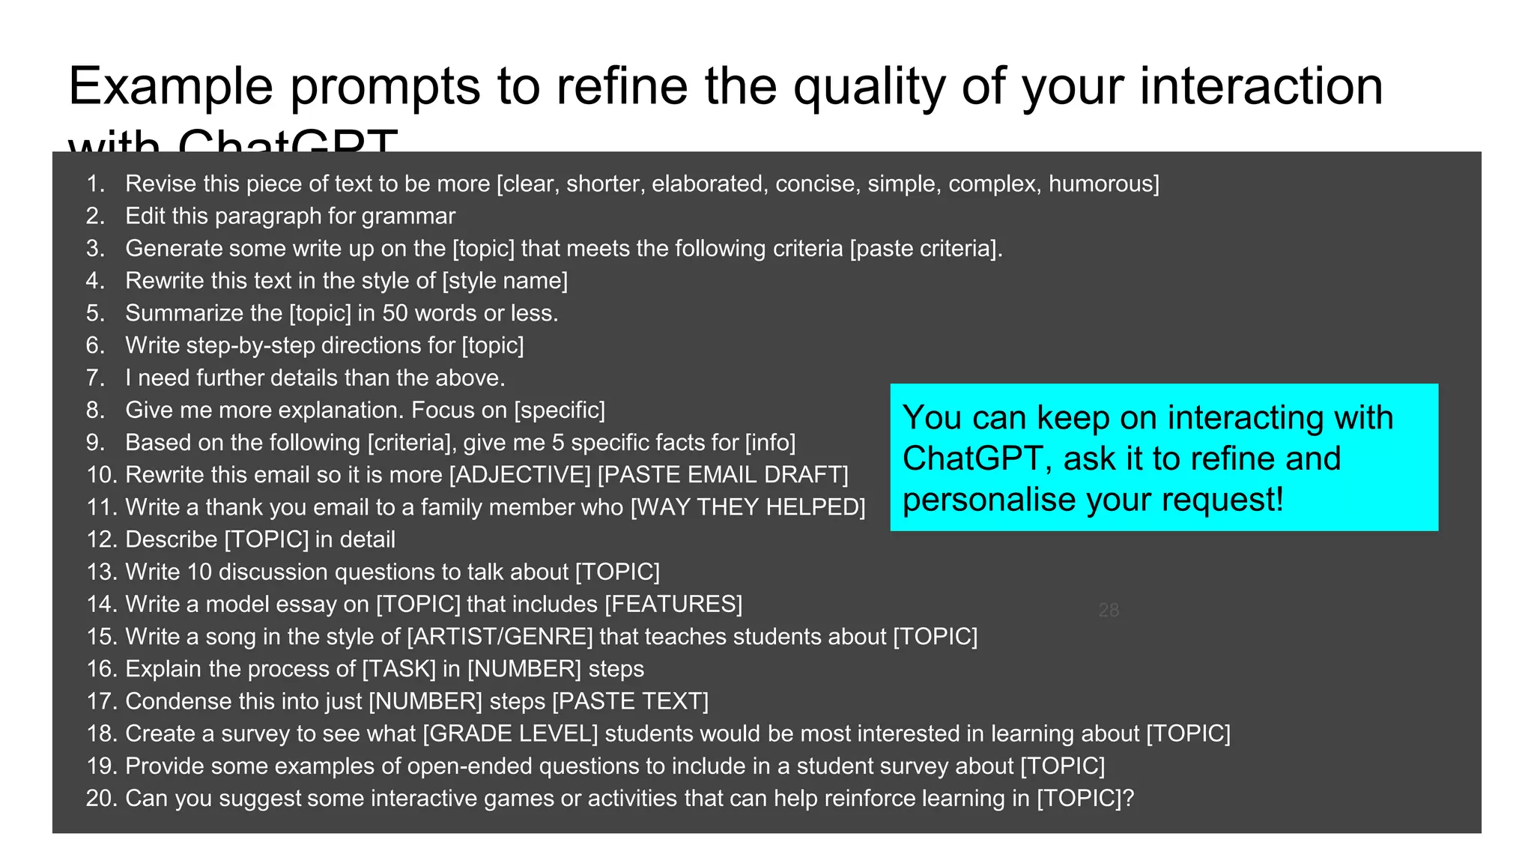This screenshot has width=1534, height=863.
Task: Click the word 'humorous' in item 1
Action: tap(1103, 184)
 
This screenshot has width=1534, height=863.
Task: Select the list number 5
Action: tap(95, 313)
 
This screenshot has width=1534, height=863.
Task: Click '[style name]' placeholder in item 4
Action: tap(505, 281)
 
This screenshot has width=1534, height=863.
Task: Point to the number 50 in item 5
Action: tap(395, 313)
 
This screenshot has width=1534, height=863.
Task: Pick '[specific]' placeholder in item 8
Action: tap(560, 411)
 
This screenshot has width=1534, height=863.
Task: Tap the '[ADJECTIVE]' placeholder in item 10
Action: tap(520, 475)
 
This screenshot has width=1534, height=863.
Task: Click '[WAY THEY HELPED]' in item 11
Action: tap(748, 507)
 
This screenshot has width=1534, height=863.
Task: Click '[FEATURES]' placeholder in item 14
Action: tap(673, 605)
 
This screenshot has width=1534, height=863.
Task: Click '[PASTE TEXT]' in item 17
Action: tap(630, 701)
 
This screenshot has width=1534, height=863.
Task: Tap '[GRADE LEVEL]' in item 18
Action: tap(510, 733)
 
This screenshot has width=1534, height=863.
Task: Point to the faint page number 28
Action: tap(1109, 611)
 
